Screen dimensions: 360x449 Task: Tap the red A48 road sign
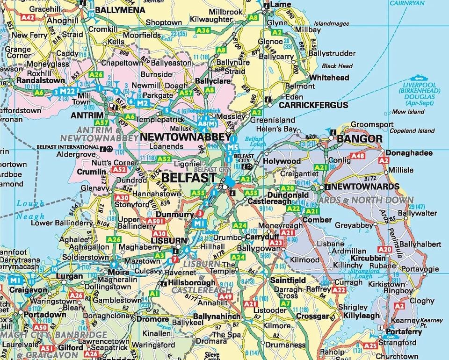tap(357, 156)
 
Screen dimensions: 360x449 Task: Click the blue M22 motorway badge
tap(67, 91)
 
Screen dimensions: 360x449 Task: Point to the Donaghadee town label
tap(405, 152)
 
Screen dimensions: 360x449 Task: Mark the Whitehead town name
tap(329, 78)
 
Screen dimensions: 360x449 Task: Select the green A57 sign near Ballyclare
tap(186, 93)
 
